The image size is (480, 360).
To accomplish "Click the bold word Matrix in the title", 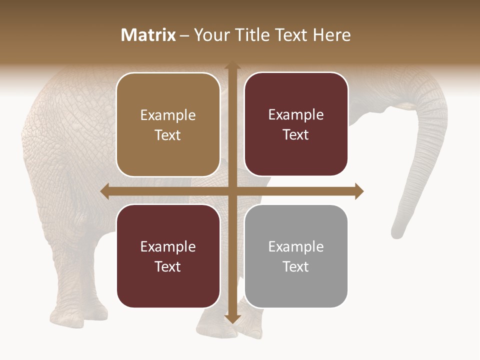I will click(148, 35).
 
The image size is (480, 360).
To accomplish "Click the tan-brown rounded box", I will click(168, 124).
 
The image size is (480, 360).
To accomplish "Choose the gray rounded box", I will click(296, 256).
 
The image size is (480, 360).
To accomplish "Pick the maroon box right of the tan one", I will click(296, 124).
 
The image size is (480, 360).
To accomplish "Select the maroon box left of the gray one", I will click(168, 256).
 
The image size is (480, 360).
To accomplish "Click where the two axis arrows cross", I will click(232, 191).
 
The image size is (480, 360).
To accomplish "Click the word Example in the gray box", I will click(296, 246).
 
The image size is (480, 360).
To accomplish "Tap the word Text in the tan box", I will click(168, 135).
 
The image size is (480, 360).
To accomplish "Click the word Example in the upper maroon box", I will click(296, 114).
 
